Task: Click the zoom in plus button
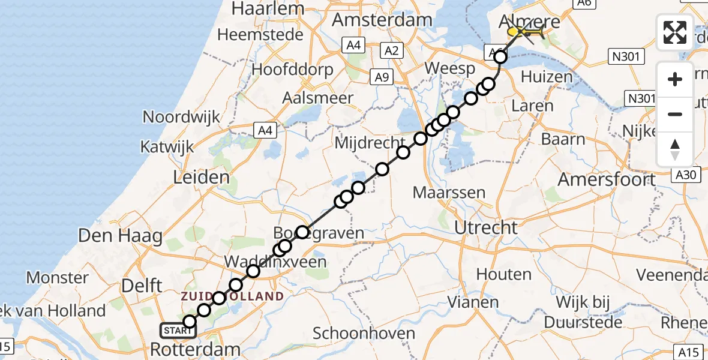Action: pos(675,79)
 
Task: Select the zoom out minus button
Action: pos(675,114)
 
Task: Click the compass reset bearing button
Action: pos(675,149)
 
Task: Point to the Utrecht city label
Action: pos(486,227)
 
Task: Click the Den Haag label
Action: pos(121,235)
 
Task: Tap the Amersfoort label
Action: pos(607,179)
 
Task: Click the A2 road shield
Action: pos(391,50)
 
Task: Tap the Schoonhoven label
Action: pos(364,334)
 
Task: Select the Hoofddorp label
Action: pos(292,70)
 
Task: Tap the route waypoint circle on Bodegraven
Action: pos(302,232)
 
